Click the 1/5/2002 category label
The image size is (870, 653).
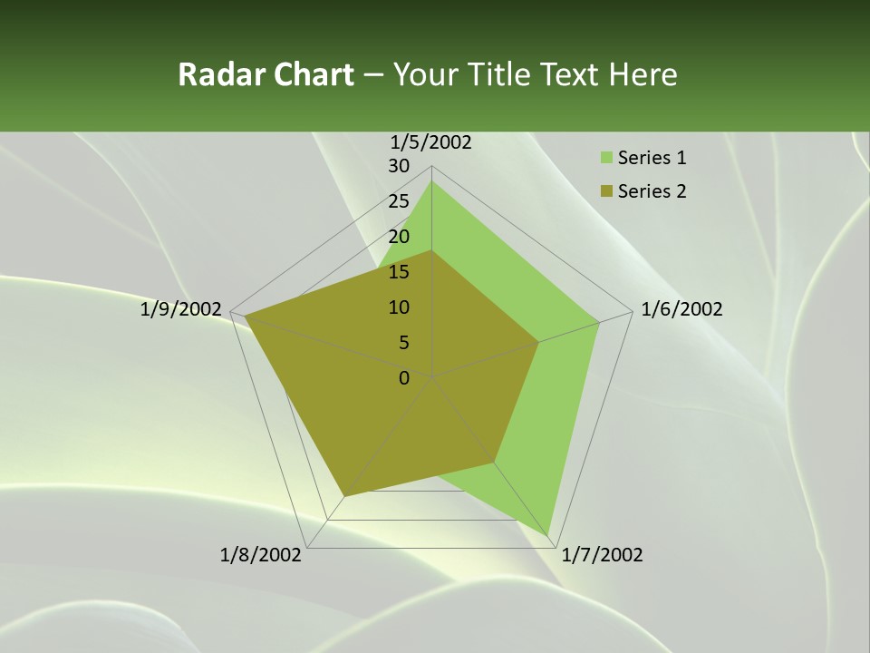(431, 141)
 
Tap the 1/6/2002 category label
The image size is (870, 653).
(681, 309)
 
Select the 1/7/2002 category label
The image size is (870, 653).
(602, 555)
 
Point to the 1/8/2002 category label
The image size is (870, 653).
(261, 555)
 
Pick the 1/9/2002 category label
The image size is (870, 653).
(180, 309)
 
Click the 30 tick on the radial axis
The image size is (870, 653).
(399, 166)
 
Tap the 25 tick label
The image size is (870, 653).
(399, 201)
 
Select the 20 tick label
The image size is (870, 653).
(399, 237)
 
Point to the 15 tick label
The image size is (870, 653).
(399, 272)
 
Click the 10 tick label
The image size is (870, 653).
(399, 307)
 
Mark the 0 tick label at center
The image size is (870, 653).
(404, 378)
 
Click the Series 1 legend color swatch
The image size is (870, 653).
(605, 159)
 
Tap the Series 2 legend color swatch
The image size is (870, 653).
(605, 191)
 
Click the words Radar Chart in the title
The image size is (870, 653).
(266, 74)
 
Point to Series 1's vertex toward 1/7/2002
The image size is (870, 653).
(549, 535)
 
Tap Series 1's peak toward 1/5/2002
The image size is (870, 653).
(431, 180)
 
